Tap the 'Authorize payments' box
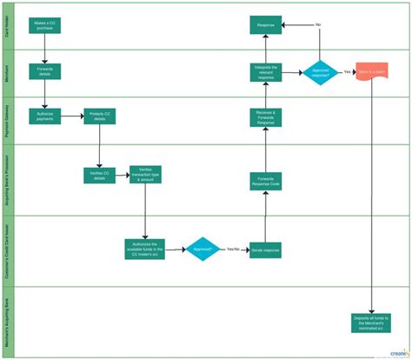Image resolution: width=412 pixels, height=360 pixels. (44, 117)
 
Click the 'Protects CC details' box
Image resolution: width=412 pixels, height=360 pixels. (99, 117)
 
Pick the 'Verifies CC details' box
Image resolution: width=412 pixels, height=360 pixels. (98, 174)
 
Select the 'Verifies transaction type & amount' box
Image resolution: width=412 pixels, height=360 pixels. (145, 174)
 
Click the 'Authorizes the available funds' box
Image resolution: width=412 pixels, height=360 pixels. (145, 247)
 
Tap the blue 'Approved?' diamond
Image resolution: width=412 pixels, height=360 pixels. (203, 249)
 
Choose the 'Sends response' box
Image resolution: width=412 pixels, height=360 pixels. (266, 250)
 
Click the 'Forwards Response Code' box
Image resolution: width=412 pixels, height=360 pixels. (266, 181)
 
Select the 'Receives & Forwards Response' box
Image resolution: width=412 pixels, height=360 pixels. (266, 117)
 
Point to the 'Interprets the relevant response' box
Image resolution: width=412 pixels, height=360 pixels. (266, 72)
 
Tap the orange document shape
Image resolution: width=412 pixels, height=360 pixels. (372, 71)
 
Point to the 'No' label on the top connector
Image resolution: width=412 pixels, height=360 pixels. (318, 24)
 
